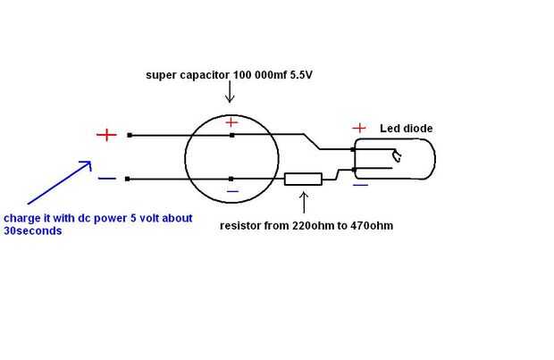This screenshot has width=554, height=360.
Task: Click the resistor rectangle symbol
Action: pos(303,180)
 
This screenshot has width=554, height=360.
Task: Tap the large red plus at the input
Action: pos(106,135)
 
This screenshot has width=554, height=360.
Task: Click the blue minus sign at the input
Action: pos(106,178)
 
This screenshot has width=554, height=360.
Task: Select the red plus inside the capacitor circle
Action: pos(231,121)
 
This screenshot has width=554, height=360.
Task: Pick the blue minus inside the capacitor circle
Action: pos(232,190)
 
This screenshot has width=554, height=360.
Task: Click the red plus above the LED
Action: pos(360,128)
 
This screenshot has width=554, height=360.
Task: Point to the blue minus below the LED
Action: pos(360,186)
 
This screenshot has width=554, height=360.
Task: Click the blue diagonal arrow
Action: pos(58,183)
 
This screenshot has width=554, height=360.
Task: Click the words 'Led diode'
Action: pos(406,129)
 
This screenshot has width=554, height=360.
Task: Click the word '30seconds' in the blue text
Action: pos(33,230)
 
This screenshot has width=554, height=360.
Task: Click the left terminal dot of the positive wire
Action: pos(130,135)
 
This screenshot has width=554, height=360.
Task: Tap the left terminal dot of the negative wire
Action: pos(130,179)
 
